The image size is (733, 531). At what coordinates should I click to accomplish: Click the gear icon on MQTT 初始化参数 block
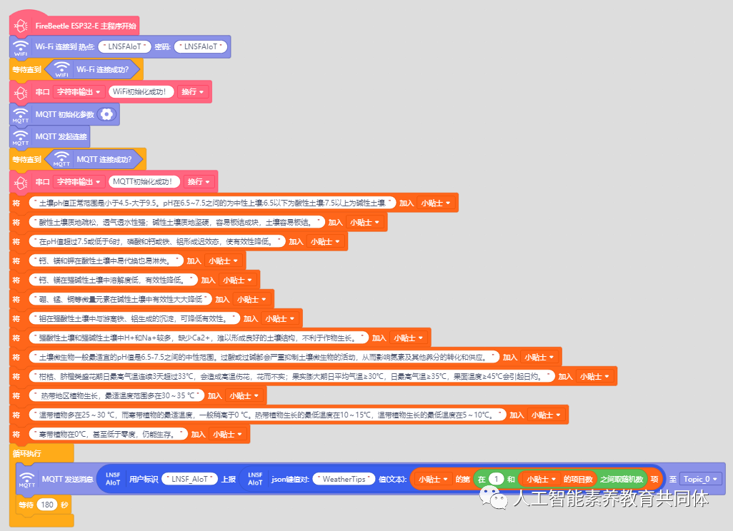click(106, 114)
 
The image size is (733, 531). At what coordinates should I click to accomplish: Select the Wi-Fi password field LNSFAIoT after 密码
click(201, 47)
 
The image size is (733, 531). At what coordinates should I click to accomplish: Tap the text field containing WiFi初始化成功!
click(143, 92)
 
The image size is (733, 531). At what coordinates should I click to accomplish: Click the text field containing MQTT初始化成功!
click(146, 181)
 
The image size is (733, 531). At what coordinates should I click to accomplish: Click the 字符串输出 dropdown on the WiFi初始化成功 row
click(79, 92)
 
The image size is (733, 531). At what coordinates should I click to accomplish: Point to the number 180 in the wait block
click(47, 505)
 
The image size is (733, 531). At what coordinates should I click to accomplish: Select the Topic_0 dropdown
click(701, 479)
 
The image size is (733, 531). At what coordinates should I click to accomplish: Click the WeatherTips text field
click(344, 479)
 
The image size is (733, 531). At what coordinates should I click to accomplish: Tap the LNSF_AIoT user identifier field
click(189, 479)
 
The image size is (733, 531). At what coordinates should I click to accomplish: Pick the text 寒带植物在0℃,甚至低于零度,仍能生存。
click(108, 434)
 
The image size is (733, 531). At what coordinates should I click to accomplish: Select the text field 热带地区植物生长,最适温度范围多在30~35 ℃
click(116, 395)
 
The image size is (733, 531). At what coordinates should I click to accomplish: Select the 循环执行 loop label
click(27, 452)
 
